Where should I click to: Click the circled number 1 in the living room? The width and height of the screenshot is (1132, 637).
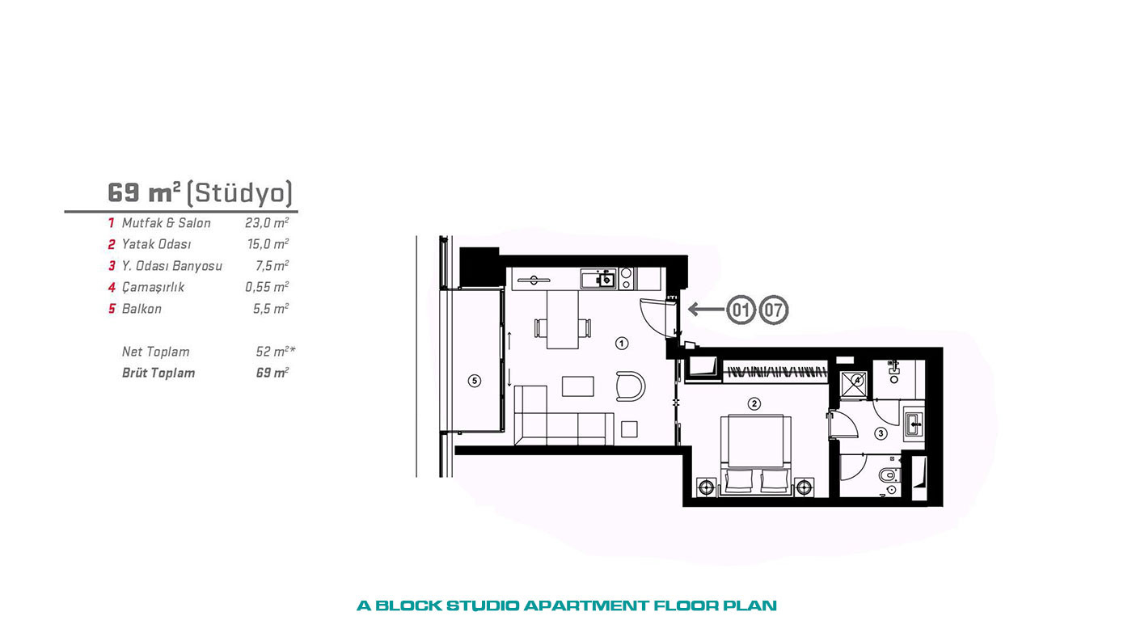(622, 344)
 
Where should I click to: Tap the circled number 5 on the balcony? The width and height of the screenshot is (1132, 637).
(474, 381)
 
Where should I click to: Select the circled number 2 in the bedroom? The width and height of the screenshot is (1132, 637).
(754, 403)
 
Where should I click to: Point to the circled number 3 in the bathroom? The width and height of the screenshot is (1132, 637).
(881, 433)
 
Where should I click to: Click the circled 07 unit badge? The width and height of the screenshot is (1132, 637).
(774, 310)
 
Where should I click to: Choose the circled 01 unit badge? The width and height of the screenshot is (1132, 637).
(741, 310)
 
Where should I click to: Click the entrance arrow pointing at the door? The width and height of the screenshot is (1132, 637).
(707, 309)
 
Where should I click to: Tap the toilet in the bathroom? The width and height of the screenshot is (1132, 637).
(889, 475)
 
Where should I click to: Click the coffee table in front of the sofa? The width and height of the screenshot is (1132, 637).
(578, 386)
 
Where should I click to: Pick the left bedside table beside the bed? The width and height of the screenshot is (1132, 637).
(706, 487)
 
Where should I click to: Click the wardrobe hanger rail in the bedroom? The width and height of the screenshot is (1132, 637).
(775, 373)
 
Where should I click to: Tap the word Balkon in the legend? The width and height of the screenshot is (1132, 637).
(141, 309)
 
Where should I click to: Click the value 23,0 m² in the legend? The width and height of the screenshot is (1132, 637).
(267, 223)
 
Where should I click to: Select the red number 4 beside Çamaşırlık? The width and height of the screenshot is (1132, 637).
(112, 288)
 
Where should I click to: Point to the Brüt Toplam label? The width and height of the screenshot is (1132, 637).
(158, 373)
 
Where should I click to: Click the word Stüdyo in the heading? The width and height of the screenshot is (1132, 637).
(239, 193)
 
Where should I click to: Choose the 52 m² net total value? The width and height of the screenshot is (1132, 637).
(276, 351)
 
